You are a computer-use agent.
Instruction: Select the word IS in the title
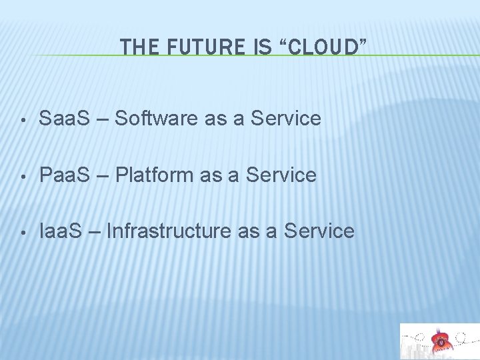(263, 47)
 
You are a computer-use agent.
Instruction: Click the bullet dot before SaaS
(23, 121)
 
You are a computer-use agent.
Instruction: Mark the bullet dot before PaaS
(23, 177)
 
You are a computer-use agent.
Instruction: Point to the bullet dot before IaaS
(23, 233)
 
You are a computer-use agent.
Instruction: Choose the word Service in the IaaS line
(319, 231)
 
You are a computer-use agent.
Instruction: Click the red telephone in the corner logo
(440, 342)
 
